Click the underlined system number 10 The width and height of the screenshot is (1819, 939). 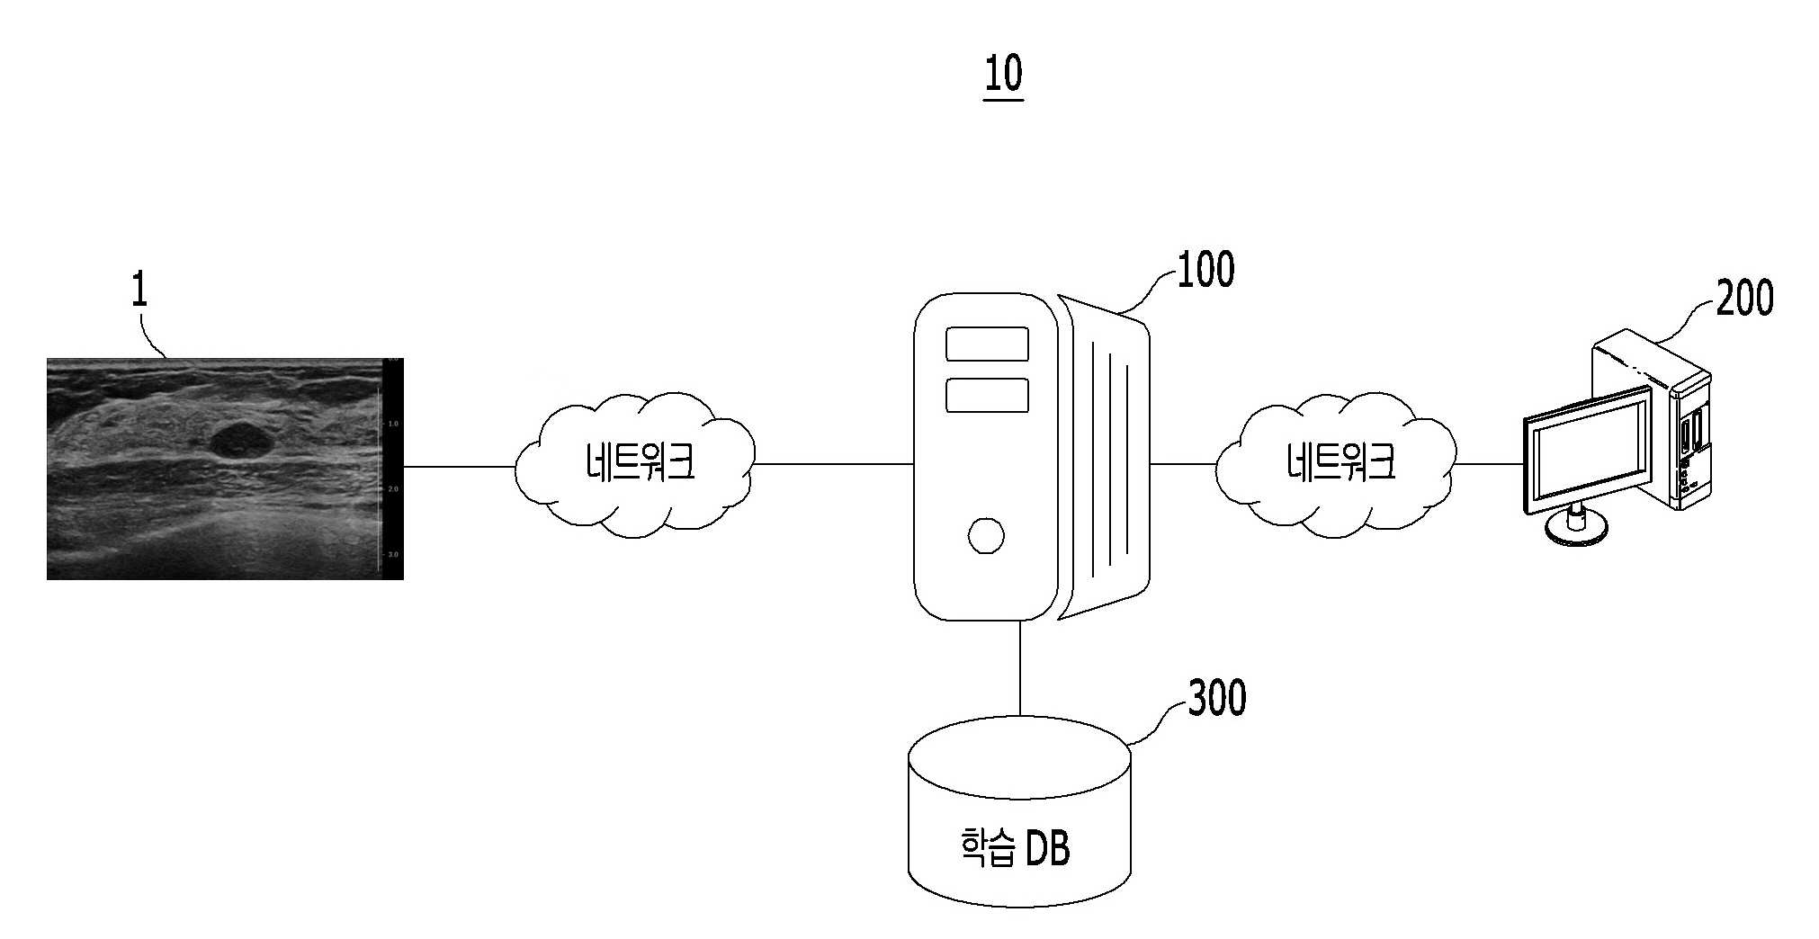[x=1003, y=75]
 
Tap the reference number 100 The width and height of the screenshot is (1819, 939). [x=1205, y=269]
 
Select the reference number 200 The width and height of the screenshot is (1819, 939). [x=1744, y=298]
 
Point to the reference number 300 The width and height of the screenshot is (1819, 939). [x=1217, y=699]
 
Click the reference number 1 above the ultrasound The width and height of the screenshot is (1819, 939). [x=139, y=291]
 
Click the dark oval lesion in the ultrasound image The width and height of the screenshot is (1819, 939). [x=241, y=440]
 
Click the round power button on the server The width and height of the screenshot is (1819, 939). [x=986, y=535]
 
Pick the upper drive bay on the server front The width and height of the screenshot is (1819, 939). [x=987, y=344]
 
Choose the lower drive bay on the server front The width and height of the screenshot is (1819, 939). [x=987, y=396]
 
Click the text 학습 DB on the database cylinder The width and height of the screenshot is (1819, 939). [x=1016, y=847]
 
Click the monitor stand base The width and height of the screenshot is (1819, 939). [x=1576, y=531]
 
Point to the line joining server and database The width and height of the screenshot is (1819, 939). [x=1020, y=667]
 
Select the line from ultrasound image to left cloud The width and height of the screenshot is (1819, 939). [x=460, y=467]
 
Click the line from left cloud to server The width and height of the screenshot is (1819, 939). [x=834, y=464]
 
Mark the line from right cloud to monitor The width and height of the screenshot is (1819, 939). [x=1489, y=464]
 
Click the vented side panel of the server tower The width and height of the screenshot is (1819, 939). [x=1105, y=457]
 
